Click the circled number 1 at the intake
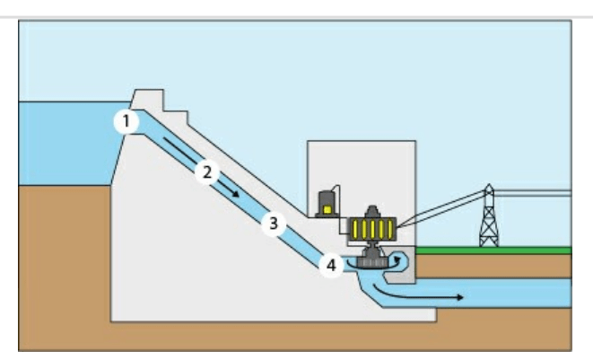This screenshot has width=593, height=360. click(126, 121)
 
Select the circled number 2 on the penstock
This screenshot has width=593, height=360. click(207, 172)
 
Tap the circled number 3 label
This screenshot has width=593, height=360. click(274, 224)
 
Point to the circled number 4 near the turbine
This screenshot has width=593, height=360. click(331, 266)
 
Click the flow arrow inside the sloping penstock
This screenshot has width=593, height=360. click(201, 167)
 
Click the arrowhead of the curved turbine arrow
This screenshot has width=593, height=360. click(397, 259)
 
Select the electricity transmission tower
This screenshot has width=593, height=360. click(489, 215)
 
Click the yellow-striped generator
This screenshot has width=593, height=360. click(372, 229)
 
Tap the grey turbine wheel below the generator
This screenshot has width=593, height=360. click(372, 262)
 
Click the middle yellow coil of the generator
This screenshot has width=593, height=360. click(372, 229)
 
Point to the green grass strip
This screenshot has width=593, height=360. click(493, 250)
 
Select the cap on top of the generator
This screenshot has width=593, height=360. click(372, 211)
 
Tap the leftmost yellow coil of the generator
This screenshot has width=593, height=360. click(355, 229)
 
